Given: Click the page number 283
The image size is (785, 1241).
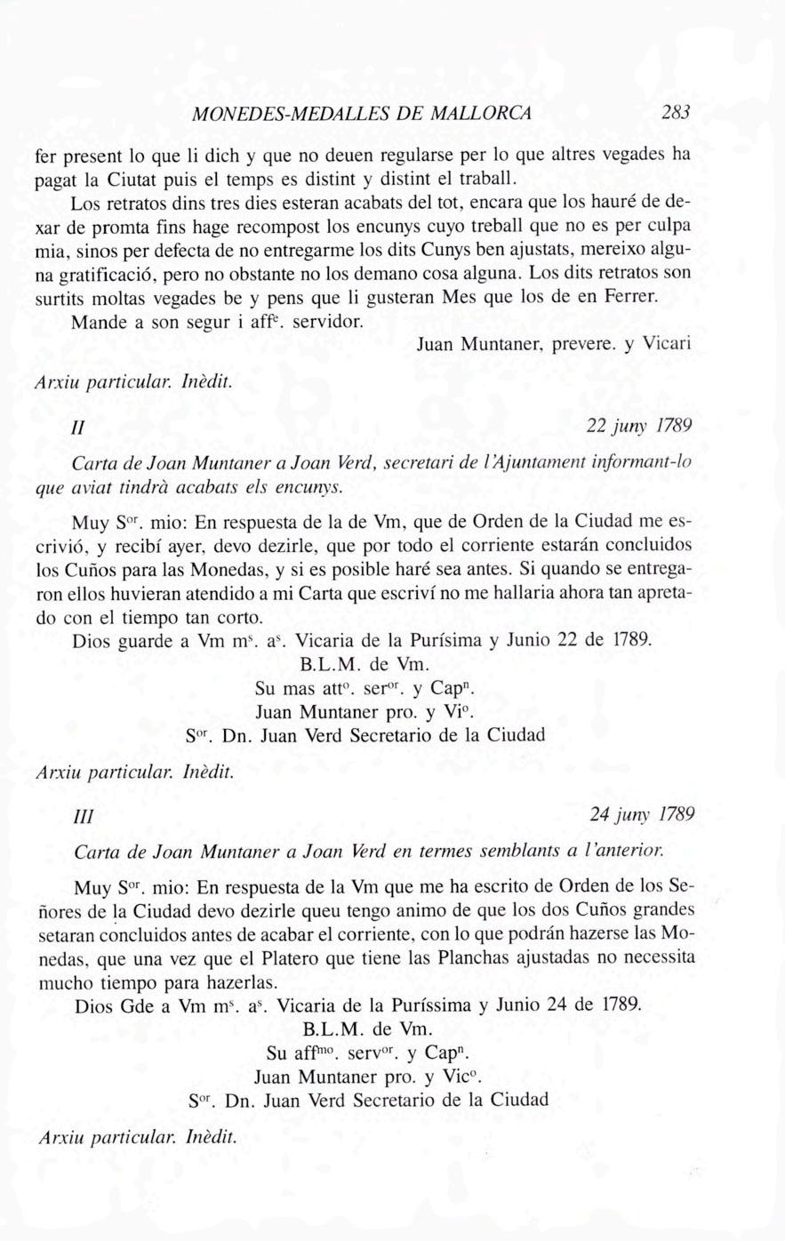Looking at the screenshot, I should point(676,114).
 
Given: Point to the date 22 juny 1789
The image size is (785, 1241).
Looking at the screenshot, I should point(639,426).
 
